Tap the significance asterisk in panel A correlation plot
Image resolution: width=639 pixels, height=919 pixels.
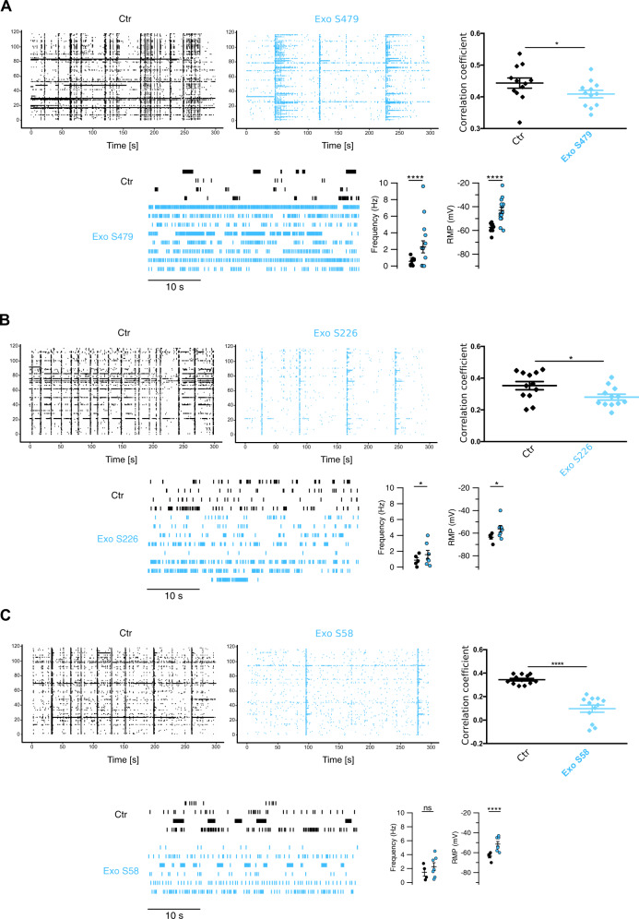click(x=555, y=42)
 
